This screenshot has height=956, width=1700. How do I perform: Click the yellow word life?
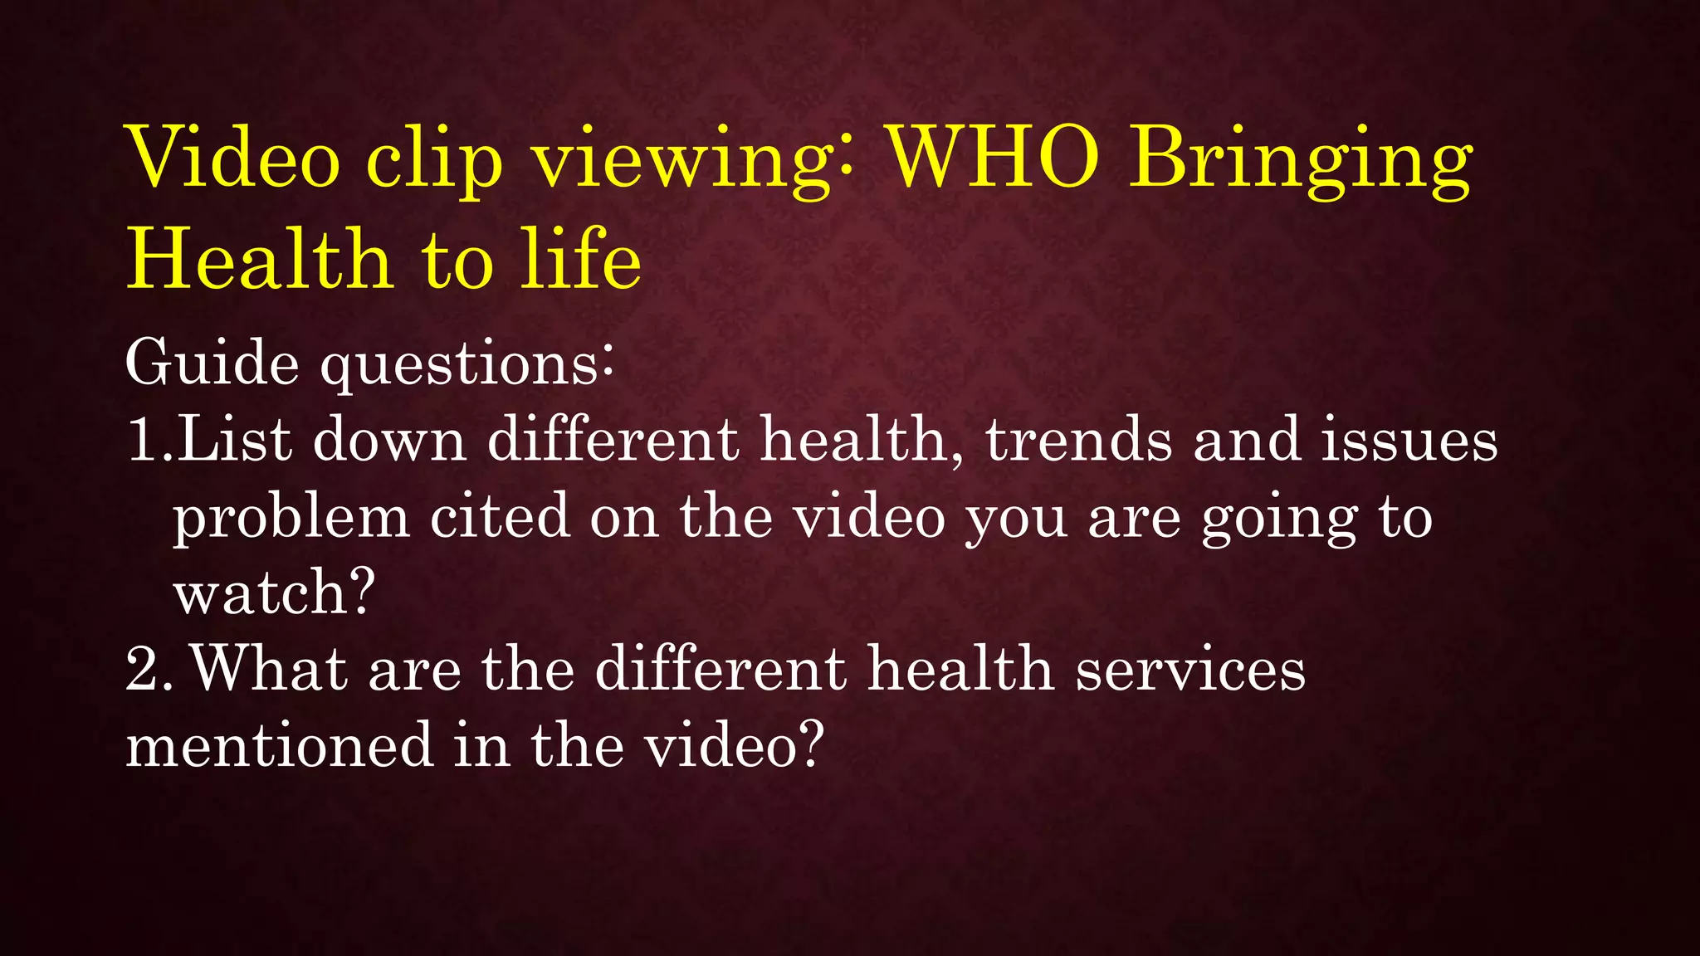581,259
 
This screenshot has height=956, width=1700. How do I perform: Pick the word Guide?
212,363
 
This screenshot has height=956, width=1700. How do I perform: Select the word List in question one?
235,439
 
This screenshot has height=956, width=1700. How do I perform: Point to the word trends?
1079,439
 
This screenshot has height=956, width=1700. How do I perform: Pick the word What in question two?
270,669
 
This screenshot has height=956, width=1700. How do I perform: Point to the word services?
1190,669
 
